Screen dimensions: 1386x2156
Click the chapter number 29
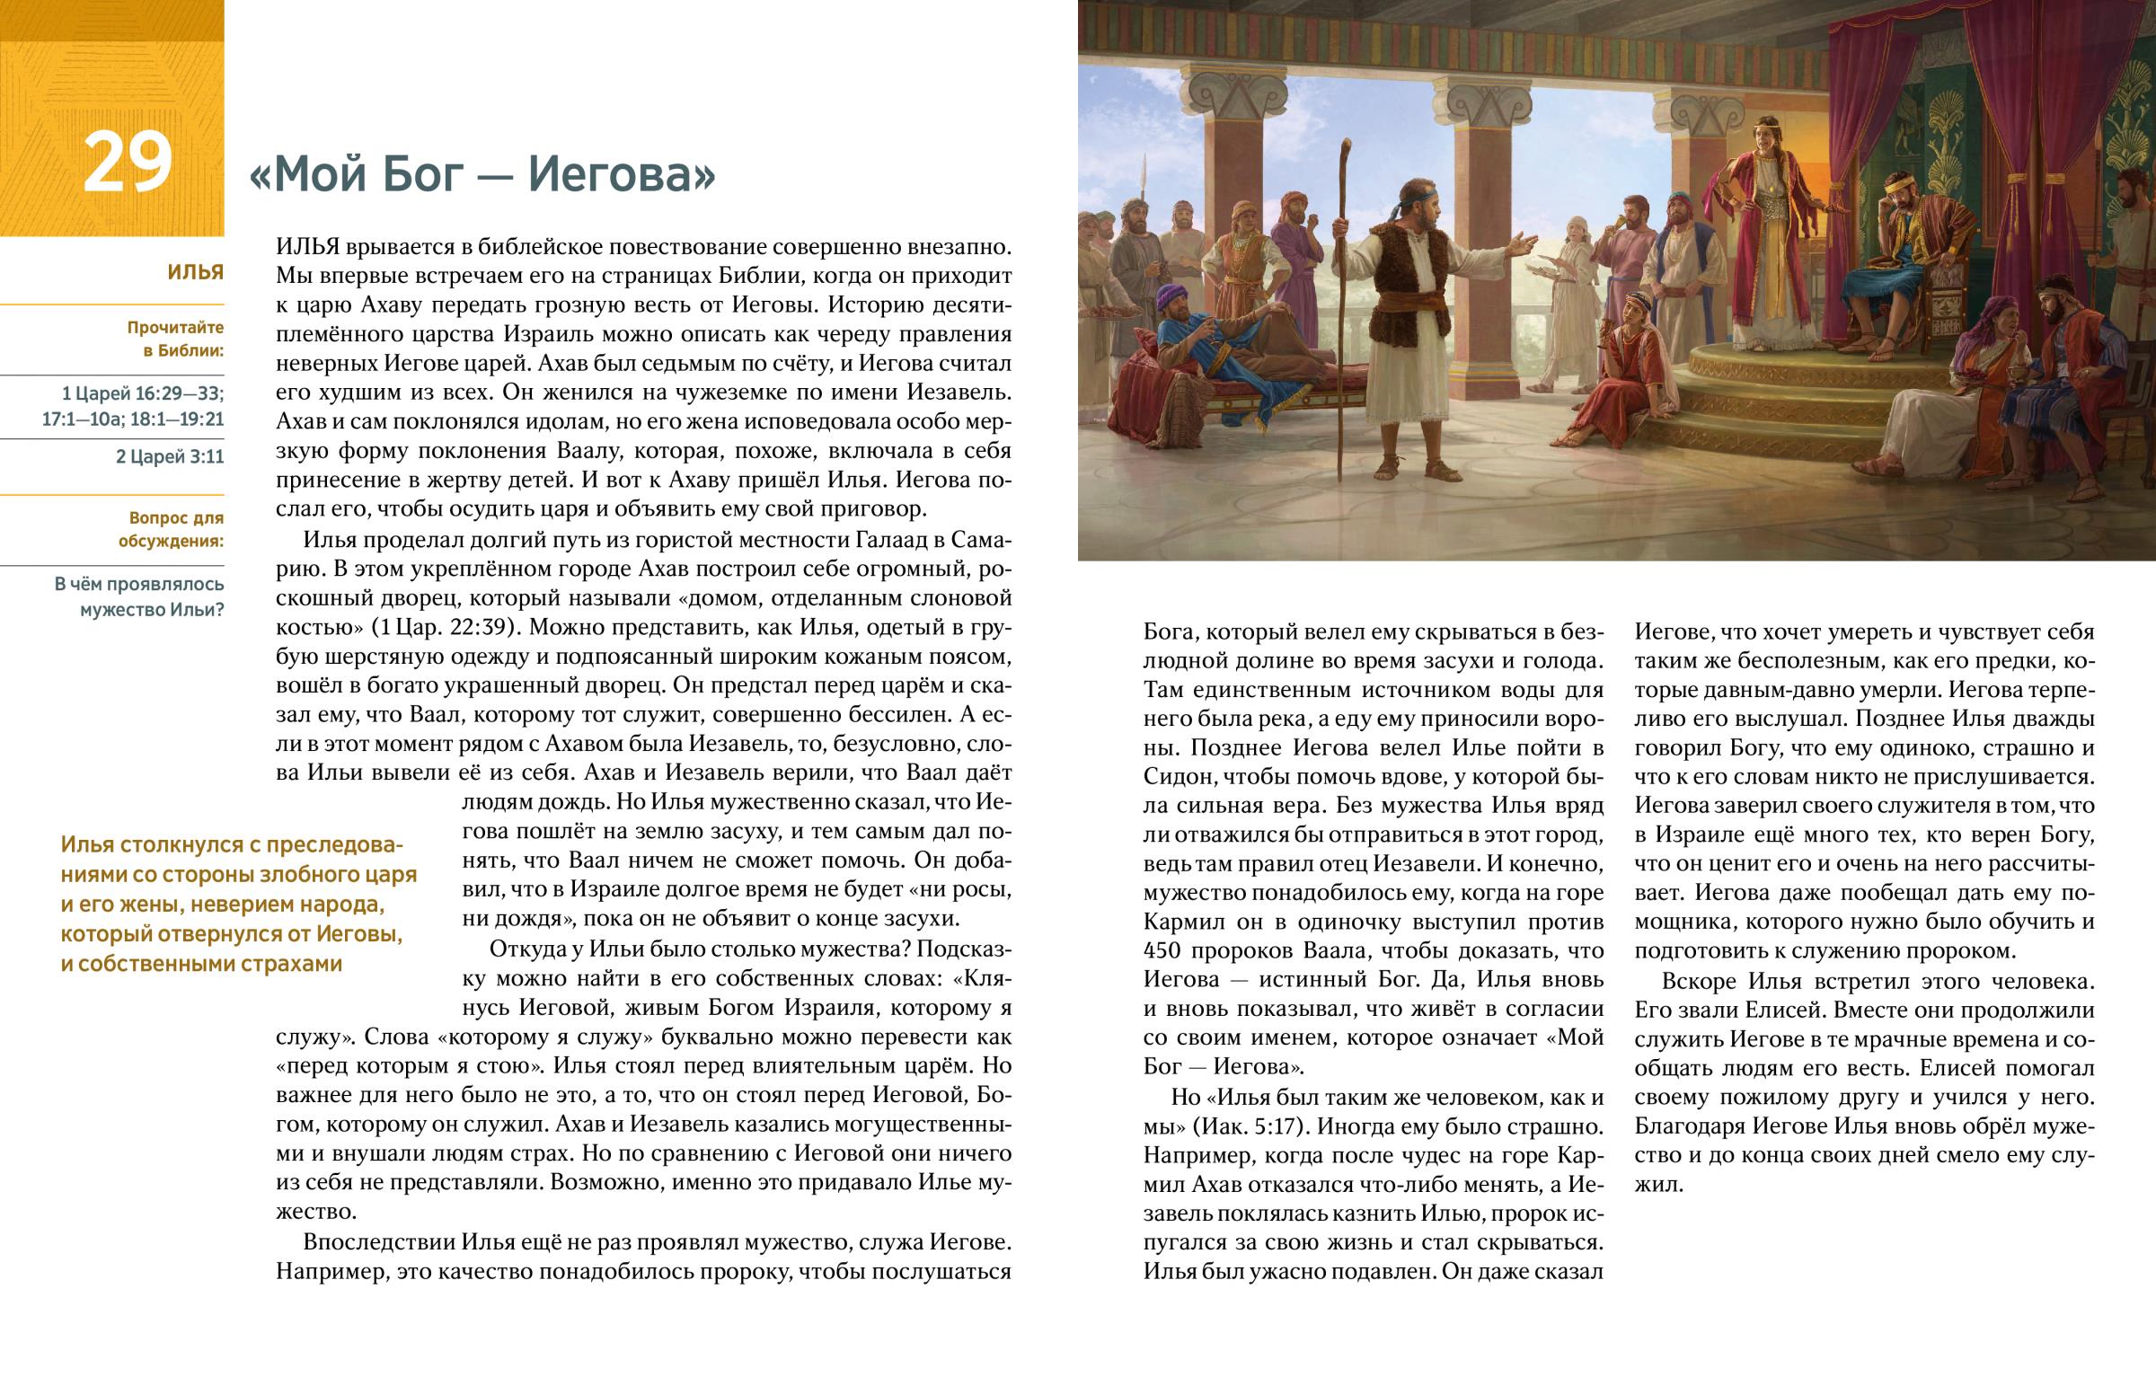coord(127,162)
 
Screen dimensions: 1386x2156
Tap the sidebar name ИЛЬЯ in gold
coord(195,273)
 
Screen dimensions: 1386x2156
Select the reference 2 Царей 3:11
coord(169,456)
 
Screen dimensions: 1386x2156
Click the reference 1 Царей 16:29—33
coord(142,393)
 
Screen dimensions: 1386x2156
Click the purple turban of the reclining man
coord(1171,296)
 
